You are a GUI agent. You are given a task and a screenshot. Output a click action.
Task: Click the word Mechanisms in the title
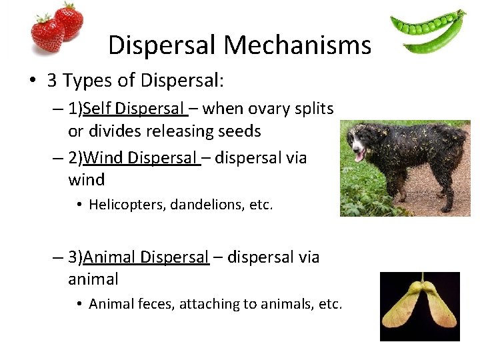click(x=297, y=45)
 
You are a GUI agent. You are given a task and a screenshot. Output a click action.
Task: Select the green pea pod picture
click(x=427, y=31)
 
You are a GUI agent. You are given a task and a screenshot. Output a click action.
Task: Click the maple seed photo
click(x=419, y=307)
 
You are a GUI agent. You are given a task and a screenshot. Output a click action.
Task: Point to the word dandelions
click(x=206, y=205)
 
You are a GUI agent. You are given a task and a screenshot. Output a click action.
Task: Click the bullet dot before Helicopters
click(x=79, y=205)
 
